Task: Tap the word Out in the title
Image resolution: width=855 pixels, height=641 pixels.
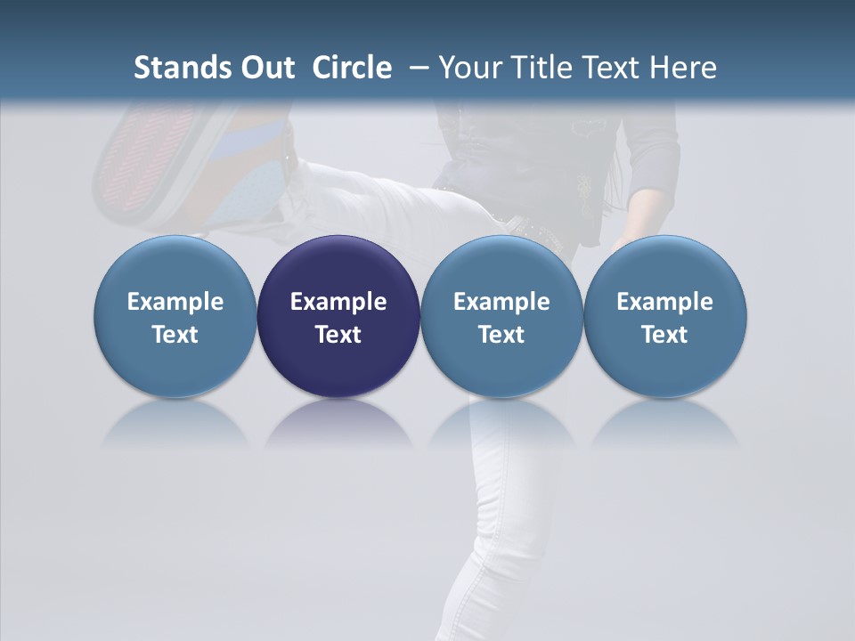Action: [265, 68]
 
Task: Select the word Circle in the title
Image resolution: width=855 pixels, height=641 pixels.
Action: [352, 68]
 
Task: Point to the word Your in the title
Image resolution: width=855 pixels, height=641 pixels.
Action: [471, 68]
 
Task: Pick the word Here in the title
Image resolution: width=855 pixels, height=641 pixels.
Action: [682, 68]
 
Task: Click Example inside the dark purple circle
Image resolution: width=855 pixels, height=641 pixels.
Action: [338, 302]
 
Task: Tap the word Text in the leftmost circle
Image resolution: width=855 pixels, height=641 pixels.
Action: [175, 335]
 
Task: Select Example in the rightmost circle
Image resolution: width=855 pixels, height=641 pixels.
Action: [665, 302]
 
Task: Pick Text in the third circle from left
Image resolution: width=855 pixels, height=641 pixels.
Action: [501, 335]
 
